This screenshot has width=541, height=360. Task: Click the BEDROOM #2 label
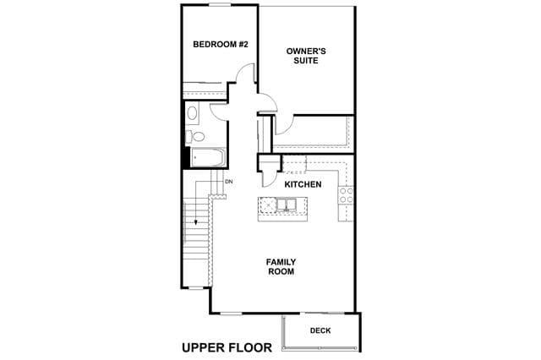(221, 45)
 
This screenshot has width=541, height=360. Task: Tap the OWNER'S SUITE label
(306, 56)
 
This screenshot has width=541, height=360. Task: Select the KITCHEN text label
(303, 184)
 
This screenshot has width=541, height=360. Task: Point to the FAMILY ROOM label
(281, 267)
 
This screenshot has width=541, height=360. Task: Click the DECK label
(320, 330)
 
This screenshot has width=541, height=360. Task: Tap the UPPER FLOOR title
(227, 347)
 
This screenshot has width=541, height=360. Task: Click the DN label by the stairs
(229, 182)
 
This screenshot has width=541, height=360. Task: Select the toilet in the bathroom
(195, 137)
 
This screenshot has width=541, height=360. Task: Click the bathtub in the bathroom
(208, 157)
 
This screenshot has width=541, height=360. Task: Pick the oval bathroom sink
(192, 113)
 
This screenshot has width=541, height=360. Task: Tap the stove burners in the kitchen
(346, 195)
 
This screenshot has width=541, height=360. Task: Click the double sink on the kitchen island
(287, 205)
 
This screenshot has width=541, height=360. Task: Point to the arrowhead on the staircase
(196, 222)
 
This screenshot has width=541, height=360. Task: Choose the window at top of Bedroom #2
(220, 4)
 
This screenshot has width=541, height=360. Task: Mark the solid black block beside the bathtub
(186, 157)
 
